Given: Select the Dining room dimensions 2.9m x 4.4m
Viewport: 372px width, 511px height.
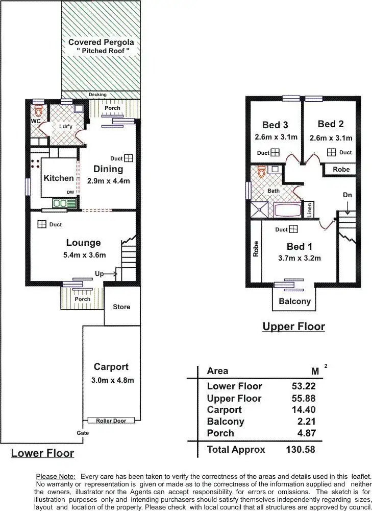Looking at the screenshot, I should (x=108, y=181).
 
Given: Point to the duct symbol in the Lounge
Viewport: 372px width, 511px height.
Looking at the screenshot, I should (x=41, y=224).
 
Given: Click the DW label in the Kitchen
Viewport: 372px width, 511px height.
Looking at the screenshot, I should (x=69, y=192).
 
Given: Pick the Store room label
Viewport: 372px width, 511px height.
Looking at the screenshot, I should (x=121, y=307).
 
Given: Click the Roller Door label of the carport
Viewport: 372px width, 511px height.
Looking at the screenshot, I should (x=111, y=420).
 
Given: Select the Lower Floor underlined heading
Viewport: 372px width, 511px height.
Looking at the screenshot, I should (x=42, y=453).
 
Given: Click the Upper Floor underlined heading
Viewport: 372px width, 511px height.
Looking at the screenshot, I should (x=293, y=326).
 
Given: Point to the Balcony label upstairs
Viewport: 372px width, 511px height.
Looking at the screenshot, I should (x=294, y=301).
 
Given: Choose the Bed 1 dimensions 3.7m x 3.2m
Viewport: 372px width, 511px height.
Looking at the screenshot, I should (x=299, y=258).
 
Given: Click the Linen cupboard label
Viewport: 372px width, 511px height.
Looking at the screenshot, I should (x=308, y=210).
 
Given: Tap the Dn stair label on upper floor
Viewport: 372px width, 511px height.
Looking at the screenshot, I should (x=347, y=195).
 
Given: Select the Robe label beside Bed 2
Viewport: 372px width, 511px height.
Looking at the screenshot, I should (x=341, y=169).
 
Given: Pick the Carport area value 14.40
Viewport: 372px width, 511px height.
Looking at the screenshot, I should (x=301, y=410).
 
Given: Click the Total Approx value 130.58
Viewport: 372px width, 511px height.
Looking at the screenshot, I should (x=299, y=450).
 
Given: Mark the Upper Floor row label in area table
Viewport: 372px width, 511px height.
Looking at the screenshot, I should (x=234, y=398).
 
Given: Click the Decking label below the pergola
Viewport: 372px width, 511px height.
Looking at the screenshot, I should (x=97, y=95).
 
